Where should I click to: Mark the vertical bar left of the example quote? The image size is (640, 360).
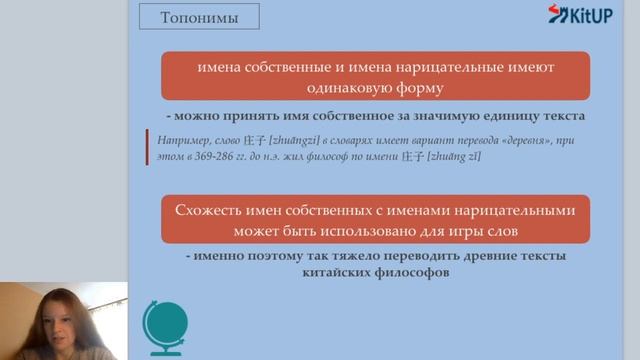click(146, 149)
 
